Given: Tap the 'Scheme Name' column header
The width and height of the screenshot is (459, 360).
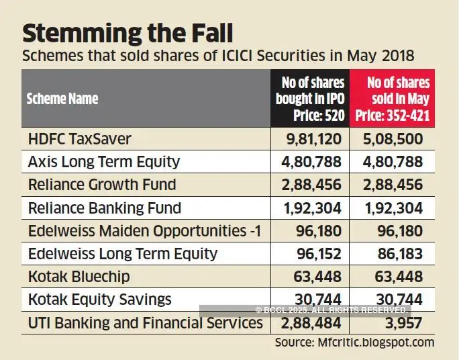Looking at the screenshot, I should [62, 99].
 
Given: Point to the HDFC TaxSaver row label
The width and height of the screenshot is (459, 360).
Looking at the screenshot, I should [80, 139].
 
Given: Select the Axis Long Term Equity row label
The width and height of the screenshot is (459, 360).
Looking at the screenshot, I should [104, 162].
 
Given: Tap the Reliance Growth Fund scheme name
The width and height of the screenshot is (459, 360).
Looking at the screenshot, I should [102, 185].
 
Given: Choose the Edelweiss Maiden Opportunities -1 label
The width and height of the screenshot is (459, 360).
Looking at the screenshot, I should [144, 231].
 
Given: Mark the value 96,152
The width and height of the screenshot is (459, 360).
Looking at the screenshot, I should [319, 254].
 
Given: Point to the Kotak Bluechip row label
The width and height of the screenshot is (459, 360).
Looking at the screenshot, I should [79, 277].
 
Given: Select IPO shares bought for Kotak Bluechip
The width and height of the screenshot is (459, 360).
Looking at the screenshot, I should [319, 277].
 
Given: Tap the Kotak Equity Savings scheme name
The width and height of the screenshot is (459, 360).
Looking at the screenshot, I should [100, 300].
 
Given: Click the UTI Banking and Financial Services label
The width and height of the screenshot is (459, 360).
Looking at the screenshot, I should [146, 323].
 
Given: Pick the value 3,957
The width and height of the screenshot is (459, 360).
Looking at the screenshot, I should [403, 323].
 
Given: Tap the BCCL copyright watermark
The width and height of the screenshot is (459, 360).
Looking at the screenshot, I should [331, 310].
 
